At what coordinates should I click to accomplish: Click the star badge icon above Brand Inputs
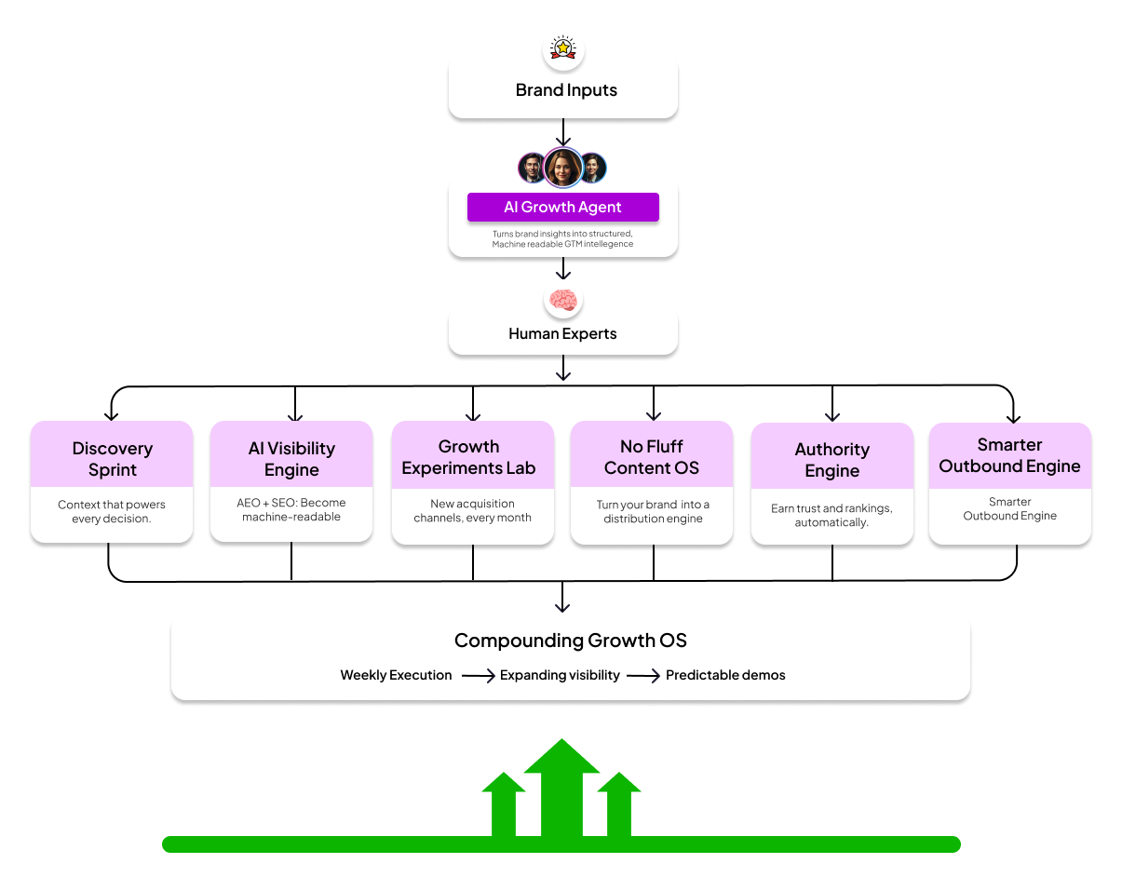[x=562, y=48]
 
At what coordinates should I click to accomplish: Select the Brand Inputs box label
[x=566, y=90]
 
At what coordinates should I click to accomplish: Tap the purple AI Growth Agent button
[x=562, y=207]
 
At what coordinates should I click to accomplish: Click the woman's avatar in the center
[x=562, y=168]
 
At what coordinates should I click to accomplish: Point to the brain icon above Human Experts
[x=562, y=300]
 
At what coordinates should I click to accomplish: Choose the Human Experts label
[x=562, y=333]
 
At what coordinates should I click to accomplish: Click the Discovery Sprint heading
[x=112, y=459]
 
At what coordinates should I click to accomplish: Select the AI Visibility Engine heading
[x=291, y=459]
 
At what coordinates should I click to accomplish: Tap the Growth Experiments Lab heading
[x=468, y=457]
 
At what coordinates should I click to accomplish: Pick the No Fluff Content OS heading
[x=652, y=457]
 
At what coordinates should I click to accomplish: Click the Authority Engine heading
[x=832, y=460]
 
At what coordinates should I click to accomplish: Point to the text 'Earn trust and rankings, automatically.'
[x=831, y=516]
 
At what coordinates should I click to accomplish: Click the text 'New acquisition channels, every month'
[x=472, y=510]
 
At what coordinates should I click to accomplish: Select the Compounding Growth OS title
[x=570, y=641]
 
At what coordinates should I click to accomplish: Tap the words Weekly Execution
[x=396, y=675]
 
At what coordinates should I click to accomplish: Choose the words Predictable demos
[x=725, y=675]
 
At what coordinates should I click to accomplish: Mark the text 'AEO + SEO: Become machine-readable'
[x=291, y=509]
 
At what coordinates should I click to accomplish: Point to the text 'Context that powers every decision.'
[x=112, y=511]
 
